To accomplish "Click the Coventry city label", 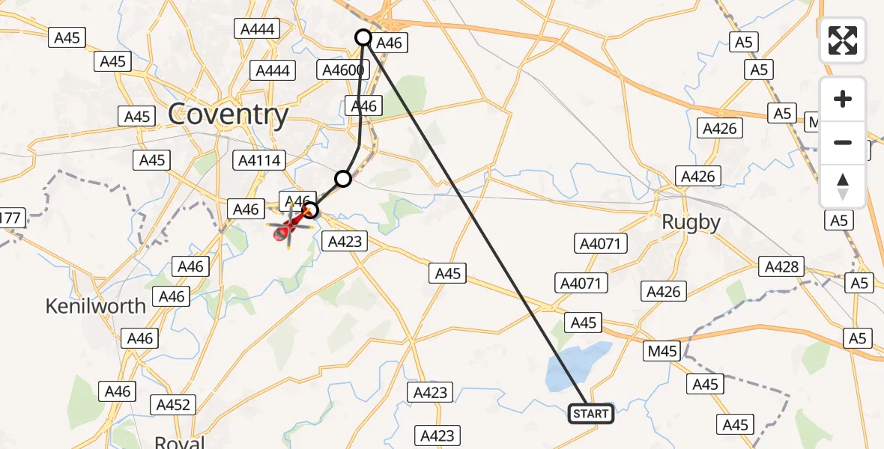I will pos(228,115).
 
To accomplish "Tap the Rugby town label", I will pos(691,222).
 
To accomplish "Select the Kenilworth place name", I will pos(95,306).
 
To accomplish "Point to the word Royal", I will pos(180,442).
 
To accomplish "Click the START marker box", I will pos(591,414).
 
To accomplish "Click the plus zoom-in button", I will pos(843,100).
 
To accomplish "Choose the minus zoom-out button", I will pos(843,142).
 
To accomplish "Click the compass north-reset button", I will pos(843,186).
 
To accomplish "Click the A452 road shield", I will pos(173,405).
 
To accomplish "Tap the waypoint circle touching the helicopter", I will pos(311,210).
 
